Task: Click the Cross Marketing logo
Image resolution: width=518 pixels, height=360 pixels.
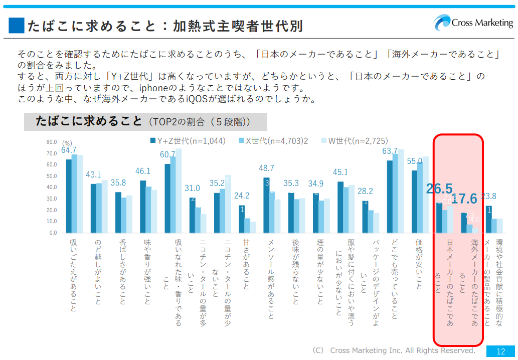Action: (474, 23)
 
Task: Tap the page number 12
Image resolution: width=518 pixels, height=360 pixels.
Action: (500, 351)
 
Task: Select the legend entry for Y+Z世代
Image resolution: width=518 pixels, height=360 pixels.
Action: (188, 141)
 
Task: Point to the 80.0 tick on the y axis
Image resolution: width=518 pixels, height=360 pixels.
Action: (52, 142)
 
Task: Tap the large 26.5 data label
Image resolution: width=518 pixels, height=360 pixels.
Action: (439, 189)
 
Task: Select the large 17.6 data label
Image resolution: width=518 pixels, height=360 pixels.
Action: (464, 199)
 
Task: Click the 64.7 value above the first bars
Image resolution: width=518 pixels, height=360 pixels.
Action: (69, 150)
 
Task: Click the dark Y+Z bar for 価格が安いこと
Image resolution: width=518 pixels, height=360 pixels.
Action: (415, 202)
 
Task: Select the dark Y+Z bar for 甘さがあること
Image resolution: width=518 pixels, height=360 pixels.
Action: (242, 219)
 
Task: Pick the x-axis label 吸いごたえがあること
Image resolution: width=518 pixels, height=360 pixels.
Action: (73, 275)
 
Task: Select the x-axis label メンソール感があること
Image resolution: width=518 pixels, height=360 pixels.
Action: (271, 279)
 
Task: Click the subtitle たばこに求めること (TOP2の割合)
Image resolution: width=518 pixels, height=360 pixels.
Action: (143, 121)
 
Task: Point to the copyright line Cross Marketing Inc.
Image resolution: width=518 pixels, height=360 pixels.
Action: (393, 350)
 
